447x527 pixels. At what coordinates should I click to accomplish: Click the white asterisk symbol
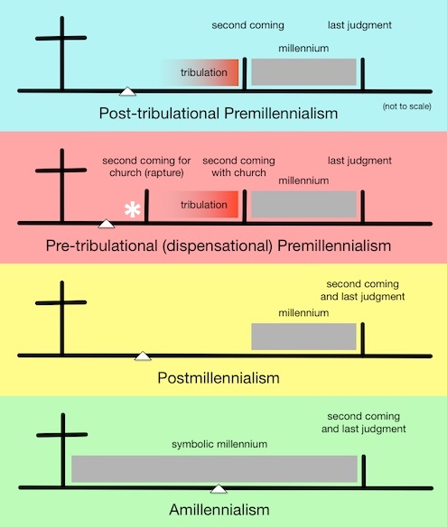pos(132,209)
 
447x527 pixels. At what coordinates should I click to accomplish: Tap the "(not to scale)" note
pos(407,106)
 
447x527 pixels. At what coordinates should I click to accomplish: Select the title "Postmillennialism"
pos(219,378)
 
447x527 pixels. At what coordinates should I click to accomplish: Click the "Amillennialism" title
pos(219,510)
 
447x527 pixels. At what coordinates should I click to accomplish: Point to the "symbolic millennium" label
pos(219,444)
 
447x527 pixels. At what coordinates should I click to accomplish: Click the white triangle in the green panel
pos(219,489)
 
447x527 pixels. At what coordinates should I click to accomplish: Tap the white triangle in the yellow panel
pos(143,356)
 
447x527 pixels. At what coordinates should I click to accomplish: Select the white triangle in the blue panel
pos(127,91)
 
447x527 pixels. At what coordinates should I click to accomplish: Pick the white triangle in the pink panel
pos(107,224)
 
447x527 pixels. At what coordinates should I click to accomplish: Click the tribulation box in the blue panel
pos(200,72)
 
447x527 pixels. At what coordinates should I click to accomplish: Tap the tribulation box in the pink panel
pos(195,204)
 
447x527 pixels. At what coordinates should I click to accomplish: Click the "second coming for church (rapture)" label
pos(146,166)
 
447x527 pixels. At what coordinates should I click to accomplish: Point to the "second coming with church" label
pos(238,166)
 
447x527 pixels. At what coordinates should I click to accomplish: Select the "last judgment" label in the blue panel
pos(359,25)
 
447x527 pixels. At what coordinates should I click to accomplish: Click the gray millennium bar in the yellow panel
pos(303,337)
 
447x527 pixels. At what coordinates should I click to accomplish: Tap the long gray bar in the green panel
pos(214,469)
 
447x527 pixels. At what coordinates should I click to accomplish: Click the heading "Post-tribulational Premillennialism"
pos(219,114)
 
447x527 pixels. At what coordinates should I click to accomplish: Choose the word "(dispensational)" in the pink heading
pos(218,245)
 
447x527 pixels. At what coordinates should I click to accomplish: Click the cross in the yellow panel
pos(62,318)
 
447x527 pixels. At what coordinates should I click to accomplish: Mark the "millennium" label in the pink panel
pos(303,180)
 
